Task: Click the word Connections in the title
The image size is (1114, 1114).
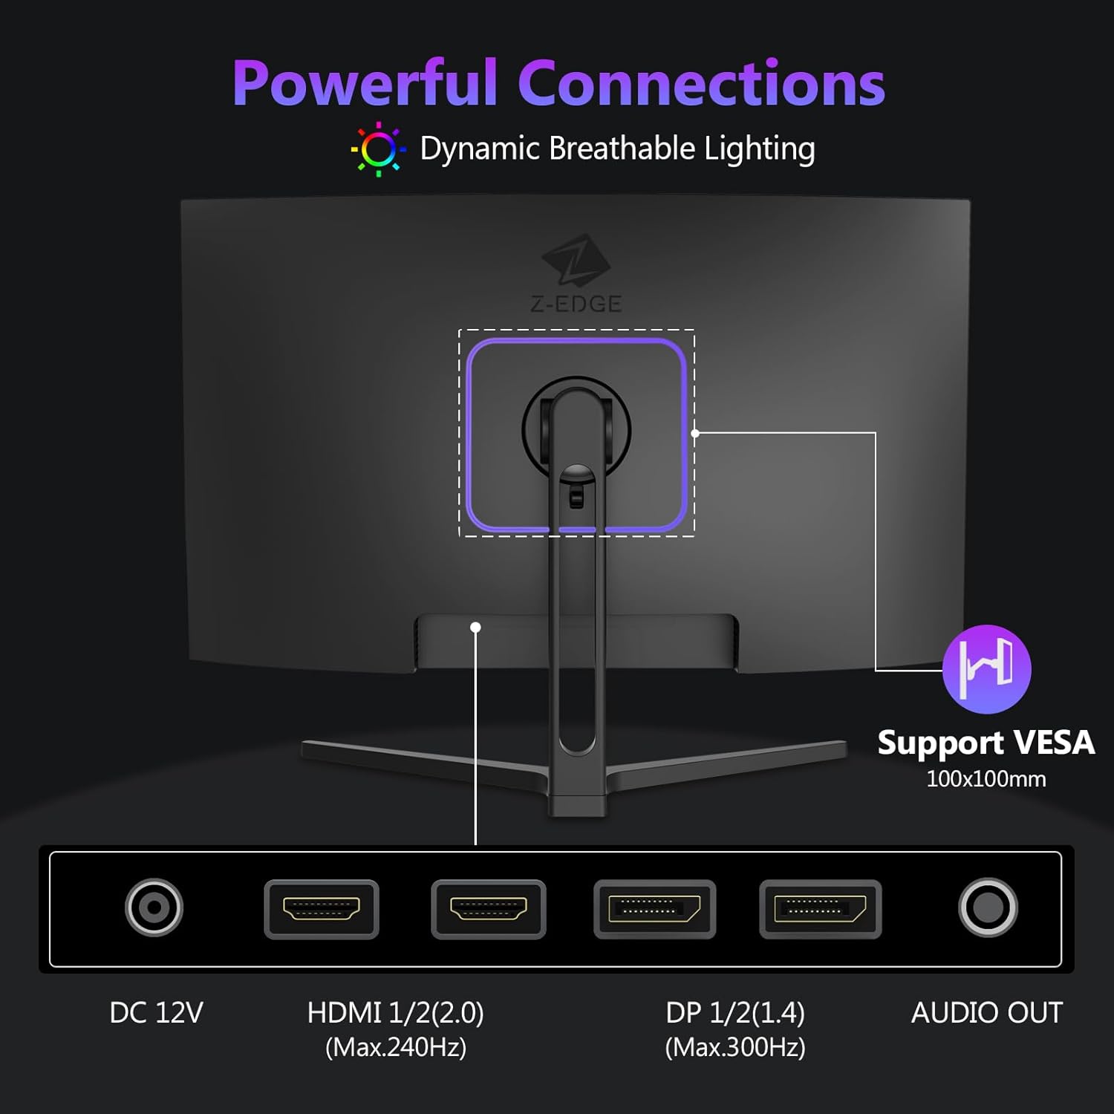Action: [702, 82]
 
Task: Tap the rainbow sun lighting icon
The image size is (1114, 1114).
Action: [378, 149]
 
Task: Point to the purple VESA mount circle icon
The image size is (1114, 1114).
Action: [986, 669]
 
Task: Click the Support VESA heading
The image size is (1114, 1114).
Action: [986, 743]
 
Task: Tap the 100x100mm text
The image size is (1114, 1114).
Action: [986, 779]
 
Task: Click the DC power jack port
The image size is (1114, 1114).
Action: [154, 908]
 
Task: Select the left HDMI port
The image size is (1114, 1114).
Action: [322, 909]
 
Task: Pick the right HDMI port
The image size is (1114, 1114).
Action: [489, 909]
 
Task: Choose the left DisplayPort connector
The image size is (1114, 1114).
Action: [654, 909]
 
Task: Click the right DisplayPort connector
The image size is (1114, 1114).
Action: [821, 909]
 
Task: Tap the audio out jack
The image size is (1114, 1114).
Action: [988, 908]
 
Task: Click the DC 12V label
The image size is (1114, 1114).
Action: [156, 1013]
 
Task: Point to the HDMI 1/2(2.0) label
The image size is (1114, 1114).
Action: [396, 1013]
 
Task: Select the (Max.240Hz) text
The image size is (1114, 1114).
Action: [396, 1047]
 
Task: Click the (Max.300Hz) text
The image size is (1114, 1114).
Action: [735, 1047]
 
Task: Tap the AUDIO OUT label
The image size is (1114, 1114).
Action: [987, 1013]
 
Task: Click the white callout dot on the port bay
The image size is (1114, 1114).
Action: [475, 628]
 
